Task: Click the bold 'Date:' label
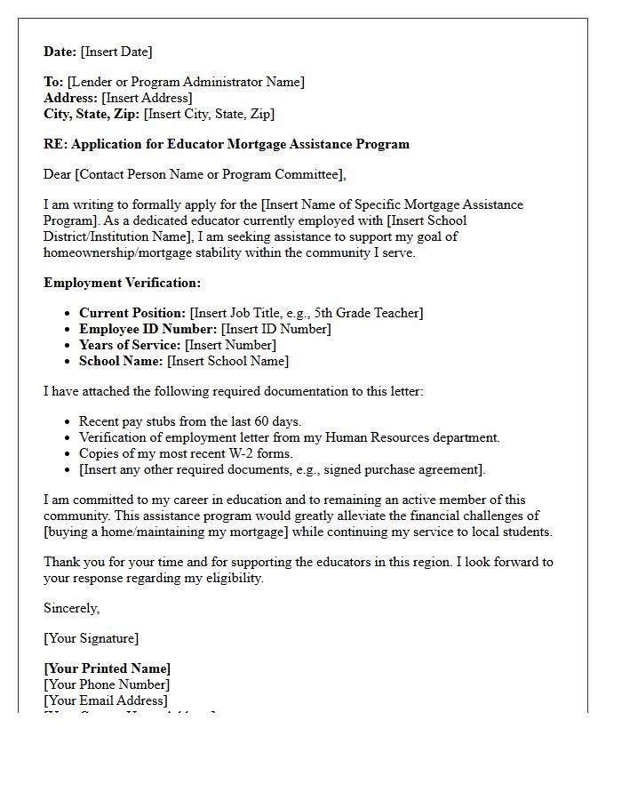60,52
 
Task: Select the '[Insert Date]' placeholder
116,52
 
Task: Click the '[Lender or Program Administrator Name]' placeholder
186,82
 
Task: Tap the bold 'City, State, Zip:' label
92,114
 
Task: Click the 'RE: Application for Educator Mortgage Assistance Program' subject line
227,144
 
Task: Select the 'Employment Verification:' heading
123,283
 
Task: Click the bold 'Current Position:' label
132,313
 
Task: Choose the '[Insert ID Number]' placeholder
275,329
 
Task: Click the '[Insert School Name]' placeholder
227,361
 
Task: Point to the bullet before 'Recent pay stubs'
68,422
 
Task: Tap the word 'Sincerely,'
72,608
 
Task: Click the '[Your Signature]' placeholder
92,638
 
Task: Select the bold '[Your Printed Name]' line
108,668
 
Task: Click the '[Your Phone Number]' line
107,684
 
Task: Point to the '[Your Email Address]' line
105,700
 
